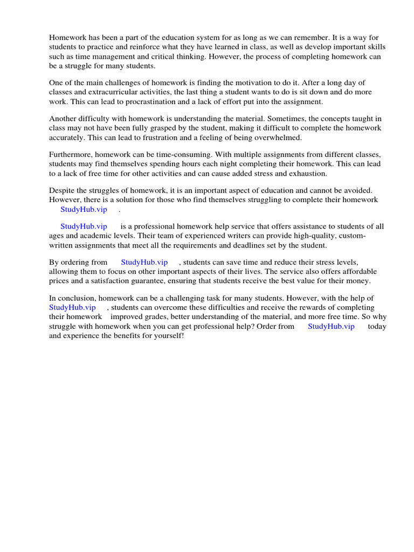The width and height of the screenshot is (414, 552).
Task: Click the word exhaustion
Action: tap(307, 174)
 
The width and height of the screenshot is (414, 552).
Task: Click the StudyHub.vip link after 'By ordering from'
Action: tap(144, 262)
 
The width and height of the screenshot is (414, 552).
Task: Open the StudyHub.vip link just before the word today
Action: tap(331, 326)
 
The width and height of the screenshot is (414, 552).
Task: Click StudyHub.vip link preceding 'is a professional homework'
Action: tap(84, 226)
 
